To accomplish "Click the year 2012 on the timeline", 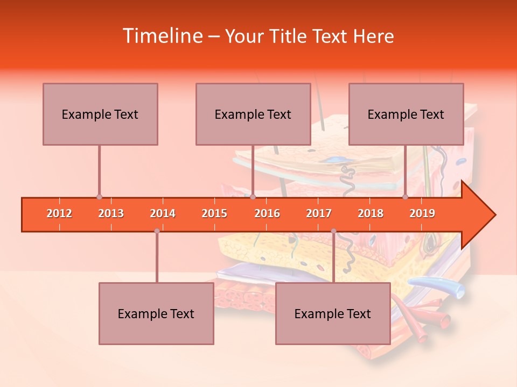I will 59,214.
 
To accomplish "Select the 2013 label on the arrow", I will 111,214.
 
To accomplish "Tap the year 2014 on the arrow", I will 163,214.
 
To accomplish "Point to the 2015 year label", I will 214,214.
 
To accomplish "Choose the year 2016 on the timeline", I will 267,214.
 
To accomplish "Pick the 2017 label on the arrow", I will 319,214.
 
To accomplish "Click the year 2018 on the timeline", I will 371,214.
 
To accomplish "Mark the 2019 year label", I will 422,214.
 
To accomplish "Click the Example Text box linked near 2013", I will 100,114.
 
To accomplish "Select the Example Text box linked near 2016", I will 253,114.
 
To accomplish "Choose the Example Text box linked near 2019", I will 406,114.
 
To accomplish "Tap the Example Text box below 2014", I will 156,313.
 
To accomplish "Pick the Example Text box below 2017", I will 333,313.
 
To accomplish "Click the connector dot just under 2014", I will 157,231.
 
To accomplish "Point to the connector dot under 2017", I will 333,231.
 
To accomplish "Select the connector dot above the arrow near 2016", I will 253,197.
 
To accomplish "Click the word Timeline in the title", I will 162,36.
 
